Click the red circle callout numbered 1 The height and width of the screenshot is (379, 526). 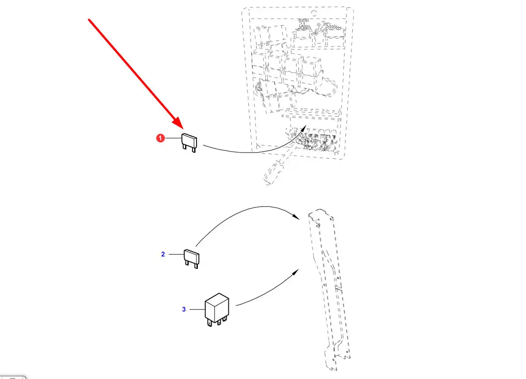coord(160,138)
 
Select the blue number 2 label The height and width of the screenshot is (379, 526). coord(163,254)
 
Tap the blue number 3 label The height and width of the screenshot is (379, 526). coord(184,309)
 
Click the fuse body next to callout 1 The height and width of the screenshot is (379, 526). coord(189,141)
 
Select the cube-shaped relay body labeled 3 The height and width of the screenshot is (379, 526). coord(217,307)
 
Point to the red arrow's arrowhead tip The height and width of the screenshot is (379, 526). coord(183,129)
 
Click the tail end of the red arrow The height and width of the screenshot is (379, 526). coord(89,20)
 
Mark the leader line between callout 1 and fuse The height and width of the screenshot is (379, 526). coord(173,138)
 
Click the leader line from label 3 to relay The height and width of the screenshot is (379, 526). coord(197,309)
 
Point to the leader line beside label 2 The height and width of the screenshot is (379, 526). coord(177,254)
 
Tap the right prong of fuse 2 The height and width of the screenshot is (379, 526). coord(196,266)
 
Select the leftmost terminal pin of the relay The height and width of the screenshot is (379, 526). coord(210,324)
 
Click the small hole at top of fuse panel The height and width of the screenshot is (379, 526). coord(314,13)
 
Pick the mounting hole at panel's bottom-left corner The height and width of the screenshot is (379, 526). coord(257,147)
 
